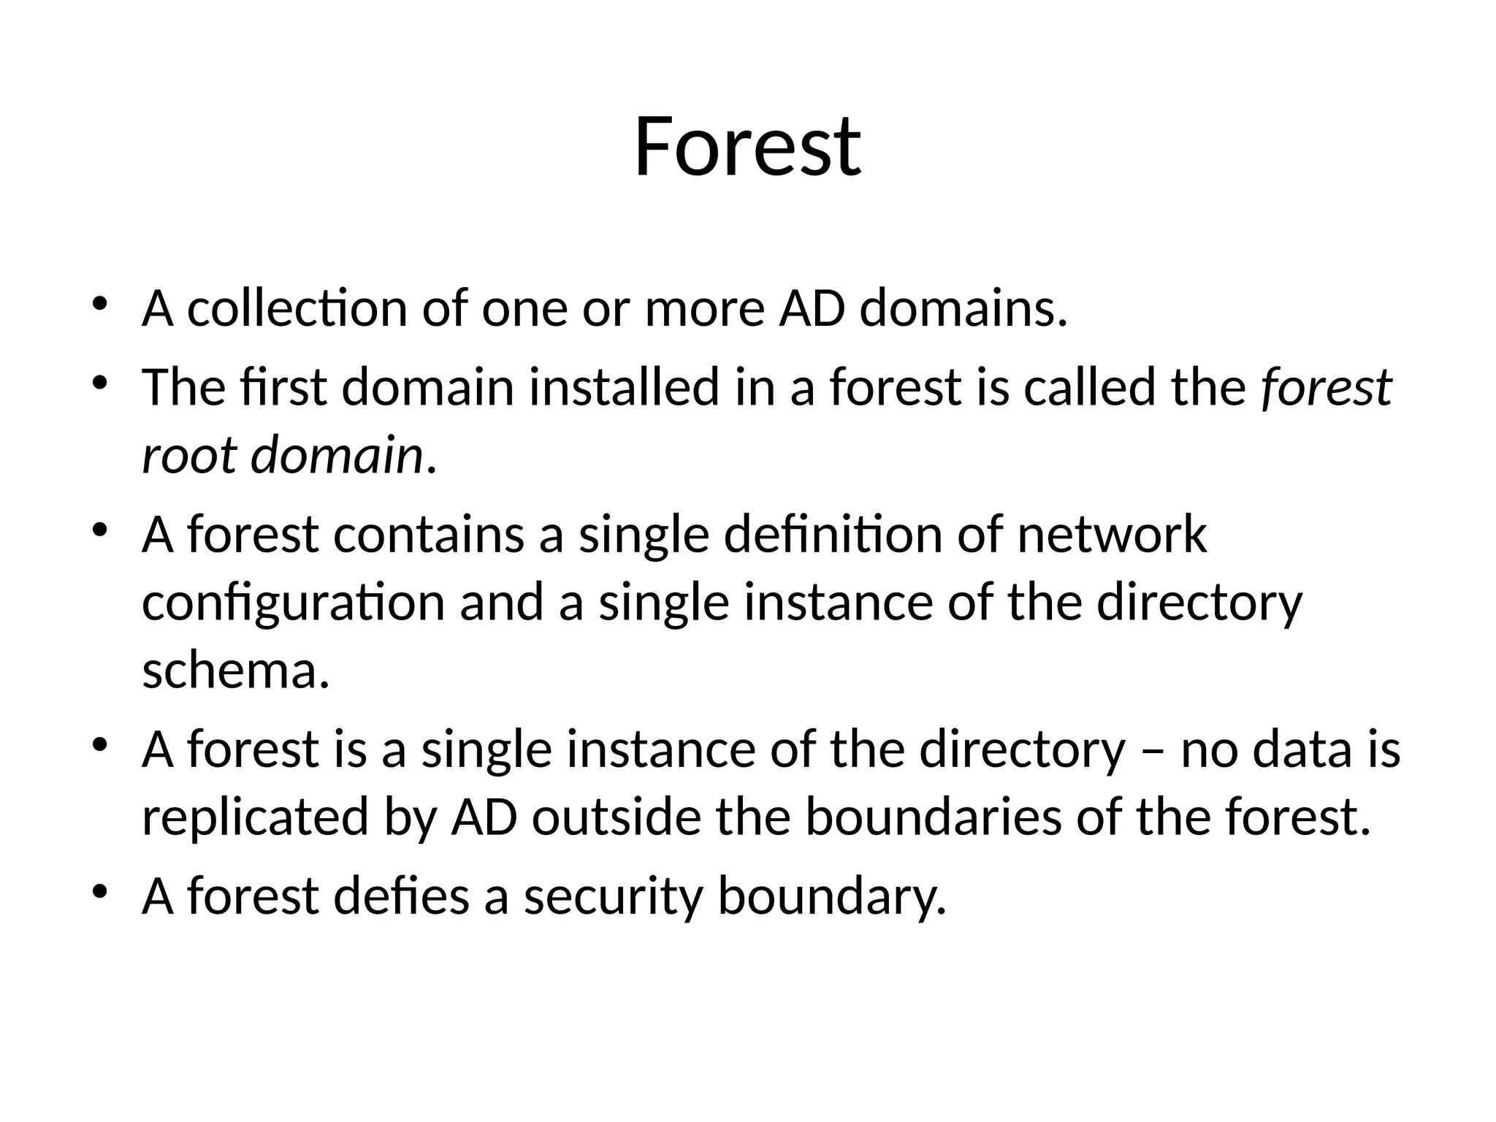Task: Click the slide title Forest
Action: click(x=747, y=147)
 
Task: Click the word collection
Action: click(x=297, y=308)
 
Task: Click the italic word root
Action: click(x=188, y=454)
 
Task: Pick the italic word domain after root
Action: click(x=337, y=454)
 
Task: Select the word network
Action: click(x=1111, y=534)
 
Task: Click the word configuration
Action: click(x=293, y=603)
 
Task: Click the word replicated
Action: click(x=255, y=817)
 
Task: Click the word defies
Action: click(x=401, y=896)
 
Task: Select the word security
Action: click(x=613, y=896)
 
